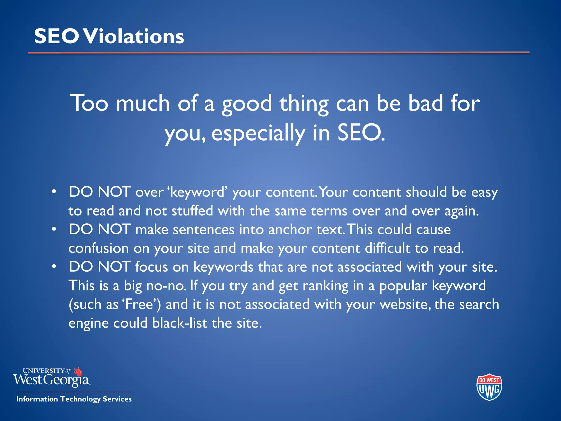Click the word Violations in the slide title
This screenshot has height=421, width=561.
point(134,36)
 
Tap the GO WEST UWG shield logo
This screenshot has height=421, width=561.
point(489,387)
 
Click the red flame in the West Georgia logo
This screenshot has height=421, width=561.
point(78,372)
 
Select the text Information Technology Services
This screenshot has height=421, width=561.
point(74,399)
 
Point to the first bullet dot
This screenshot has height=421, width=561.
point(54,192)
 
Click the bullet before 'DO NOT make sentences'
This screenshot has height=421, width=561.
point(54,229)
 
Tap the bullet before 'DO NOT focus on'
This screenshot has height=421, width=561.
point(54,266)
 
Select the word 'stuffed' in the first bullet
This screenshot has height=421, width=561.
point(192,211)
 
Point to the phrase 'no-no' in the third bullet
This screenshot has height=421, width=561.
point(166,286)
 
